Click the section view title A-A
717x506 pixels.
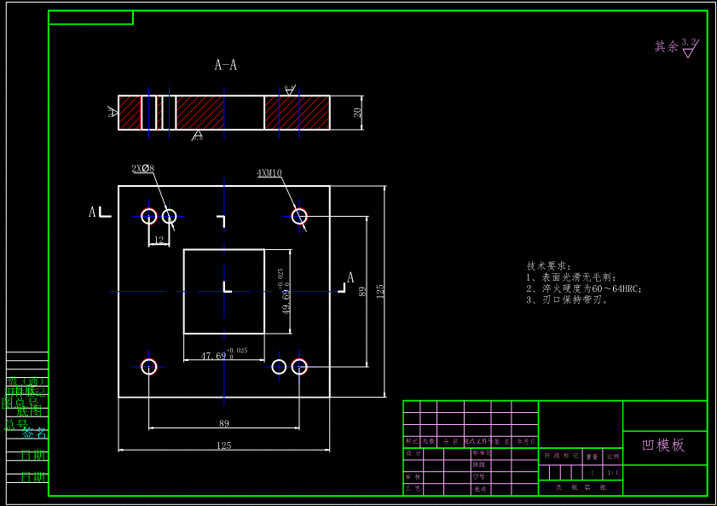225,65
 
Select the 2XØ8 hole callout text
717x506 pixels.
142,169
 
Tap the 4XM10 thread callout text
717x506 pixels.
269,173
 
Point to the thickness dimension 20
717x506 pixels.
358,112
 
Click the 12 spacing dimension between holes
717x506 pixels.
159,241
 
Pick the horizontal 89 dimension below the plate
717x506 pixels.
224,423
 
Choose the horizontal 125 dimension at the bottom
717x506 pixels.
224,445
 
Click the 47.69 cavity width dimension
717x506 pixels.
214,356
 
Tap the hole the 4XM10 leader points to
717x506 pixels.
299,216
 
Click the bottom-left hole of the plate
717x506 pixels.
149,366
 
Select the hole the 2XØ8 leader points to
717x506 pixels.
169,216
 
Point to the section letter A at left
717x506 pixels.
92,212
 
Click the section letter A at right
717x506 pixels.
350,277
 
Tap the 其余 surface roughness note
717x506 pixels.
666,47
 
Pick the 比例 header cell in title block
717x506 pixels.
613,457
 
